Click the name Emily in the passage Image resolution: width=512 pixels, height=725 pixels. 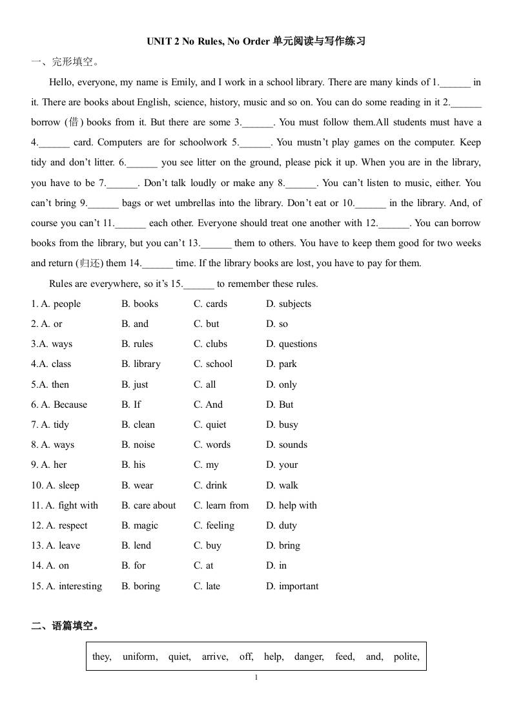point(183,82)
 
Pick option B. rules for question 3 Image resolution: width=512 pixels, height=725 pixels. point(137,344)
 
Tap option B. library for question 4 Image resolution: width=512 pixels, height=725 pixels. point(141,364)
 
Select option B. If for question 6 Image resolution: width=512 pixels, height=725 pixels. point(131,405)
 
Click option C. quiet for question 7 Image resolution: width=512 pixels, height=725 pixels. point(210,425)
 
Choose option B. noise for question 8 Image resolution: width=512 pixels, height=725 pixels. point(138,445)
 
